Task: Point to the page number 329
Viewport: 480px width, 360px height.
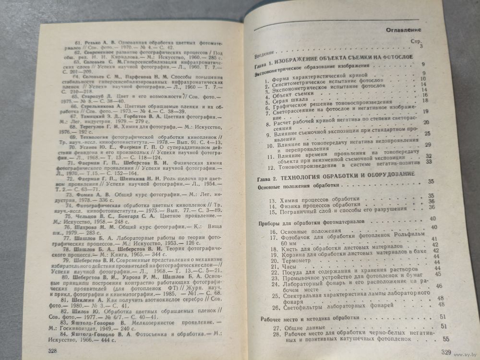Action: [x=446, y=353]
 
